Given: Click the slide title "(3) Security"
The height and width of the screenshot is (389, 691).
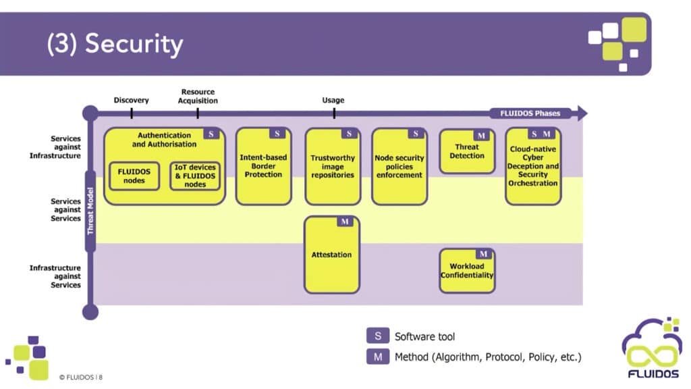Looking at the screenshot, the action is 115,44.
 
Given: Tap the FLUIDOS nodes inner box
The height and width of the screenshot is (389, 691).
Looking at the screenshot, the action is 134,176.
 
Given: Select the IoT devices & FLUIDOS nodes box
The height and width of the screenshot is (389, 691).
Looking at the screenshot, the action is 195,176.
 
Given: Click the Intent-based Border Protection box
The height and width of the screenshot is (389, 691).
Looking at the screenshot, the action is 264,166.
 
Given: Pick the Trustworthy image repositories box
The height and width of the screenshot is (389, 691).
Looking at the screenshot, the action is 333,166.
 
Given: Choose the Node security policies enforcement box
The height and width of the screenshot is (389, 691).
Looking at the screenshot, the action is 399,166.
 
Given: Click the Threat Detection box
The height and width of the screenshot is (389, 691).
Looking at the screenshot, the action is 467,151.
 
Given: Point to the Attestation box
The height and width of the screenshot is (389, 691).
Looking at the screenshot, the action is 332,255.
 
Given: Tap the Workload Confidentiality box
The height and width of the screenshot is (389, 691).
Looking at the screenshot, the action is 467,270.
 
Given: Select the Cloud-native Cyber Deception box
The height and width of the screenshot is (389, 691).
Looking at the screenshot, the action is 533,166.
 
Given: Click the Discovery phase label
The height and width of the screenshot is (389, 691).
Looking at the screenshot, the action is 132,100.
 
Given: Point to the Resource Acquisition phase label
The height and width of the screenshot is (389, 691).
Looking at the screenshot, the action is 198,96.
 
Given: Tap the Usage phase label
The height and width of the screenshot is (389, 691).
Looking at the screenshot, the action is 333,100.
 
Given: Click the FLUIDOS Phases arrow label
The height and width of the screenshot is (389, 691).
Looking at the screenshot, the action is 530,113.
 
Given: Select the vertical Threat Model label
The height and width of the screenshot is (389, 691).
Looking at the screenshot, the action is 90,211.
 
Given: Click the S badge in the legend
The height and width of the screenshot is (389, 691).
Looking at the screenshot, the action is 378,336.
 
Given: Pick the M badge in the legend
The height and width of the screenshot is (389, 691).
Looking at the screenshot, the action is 378,357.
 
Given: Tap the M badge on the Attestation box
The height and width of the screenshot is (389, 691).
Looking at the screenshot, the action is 345,222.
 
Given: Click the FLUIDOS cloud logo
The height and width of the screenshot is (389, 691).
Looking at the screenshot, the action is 652,348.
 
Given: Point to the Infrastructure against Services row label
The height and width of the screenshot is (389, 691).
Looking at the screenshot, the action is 55,276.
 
